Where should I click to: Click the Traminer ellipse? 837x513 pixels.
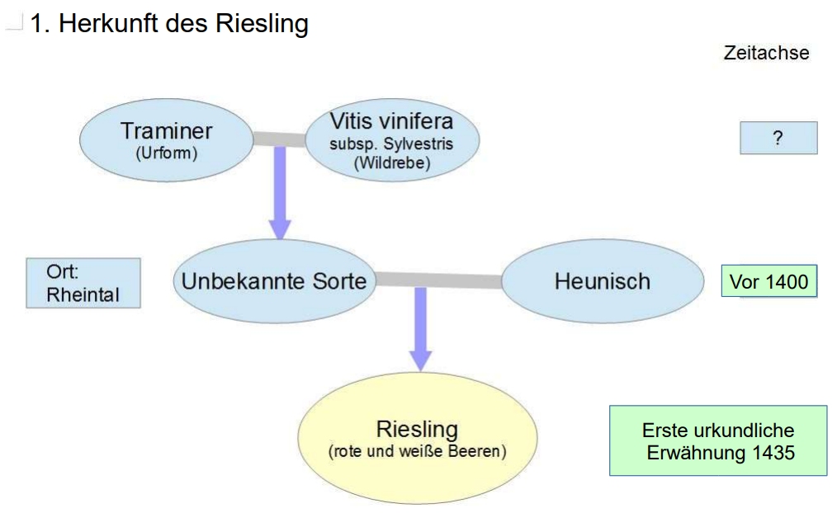tap(166, 140)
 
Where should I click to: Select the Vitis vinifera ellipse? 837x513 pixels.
tap(391, 142)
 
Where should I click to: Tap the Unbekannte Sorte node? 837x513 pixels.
tap(273, 280)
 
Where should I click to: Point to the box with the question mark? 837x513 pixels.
tap(778, 138)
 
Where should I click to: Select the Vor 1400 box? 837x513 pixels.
tap(768, 282)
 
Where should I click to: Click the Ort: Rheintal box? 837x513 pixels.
tap(83, 283)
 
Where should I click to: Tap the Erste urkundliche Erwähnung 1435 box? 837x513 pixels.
tap(717, 440)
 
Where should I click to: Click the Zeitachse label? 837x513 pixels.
tap(766, 53)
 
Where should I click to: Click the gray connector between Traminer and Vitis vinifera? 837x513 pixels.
tap(280, 139)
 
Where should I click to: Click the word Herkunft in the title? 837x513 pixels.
tap(106, 24)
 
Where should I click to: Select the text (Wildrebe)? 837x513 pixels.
tap(391, 162)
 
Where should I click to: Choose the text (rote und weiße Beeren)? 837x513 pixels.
tap(417, 452)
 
